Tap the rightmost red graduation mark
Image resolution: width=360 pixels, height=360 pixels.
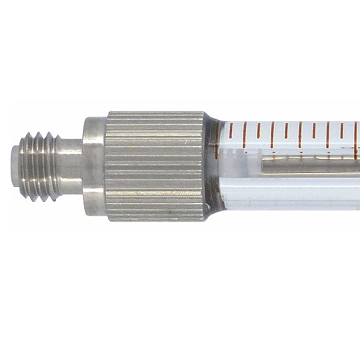click(x=355, y=131)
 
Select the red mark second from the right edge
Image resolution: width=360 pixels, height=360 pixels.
click(x=342, y=131)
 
